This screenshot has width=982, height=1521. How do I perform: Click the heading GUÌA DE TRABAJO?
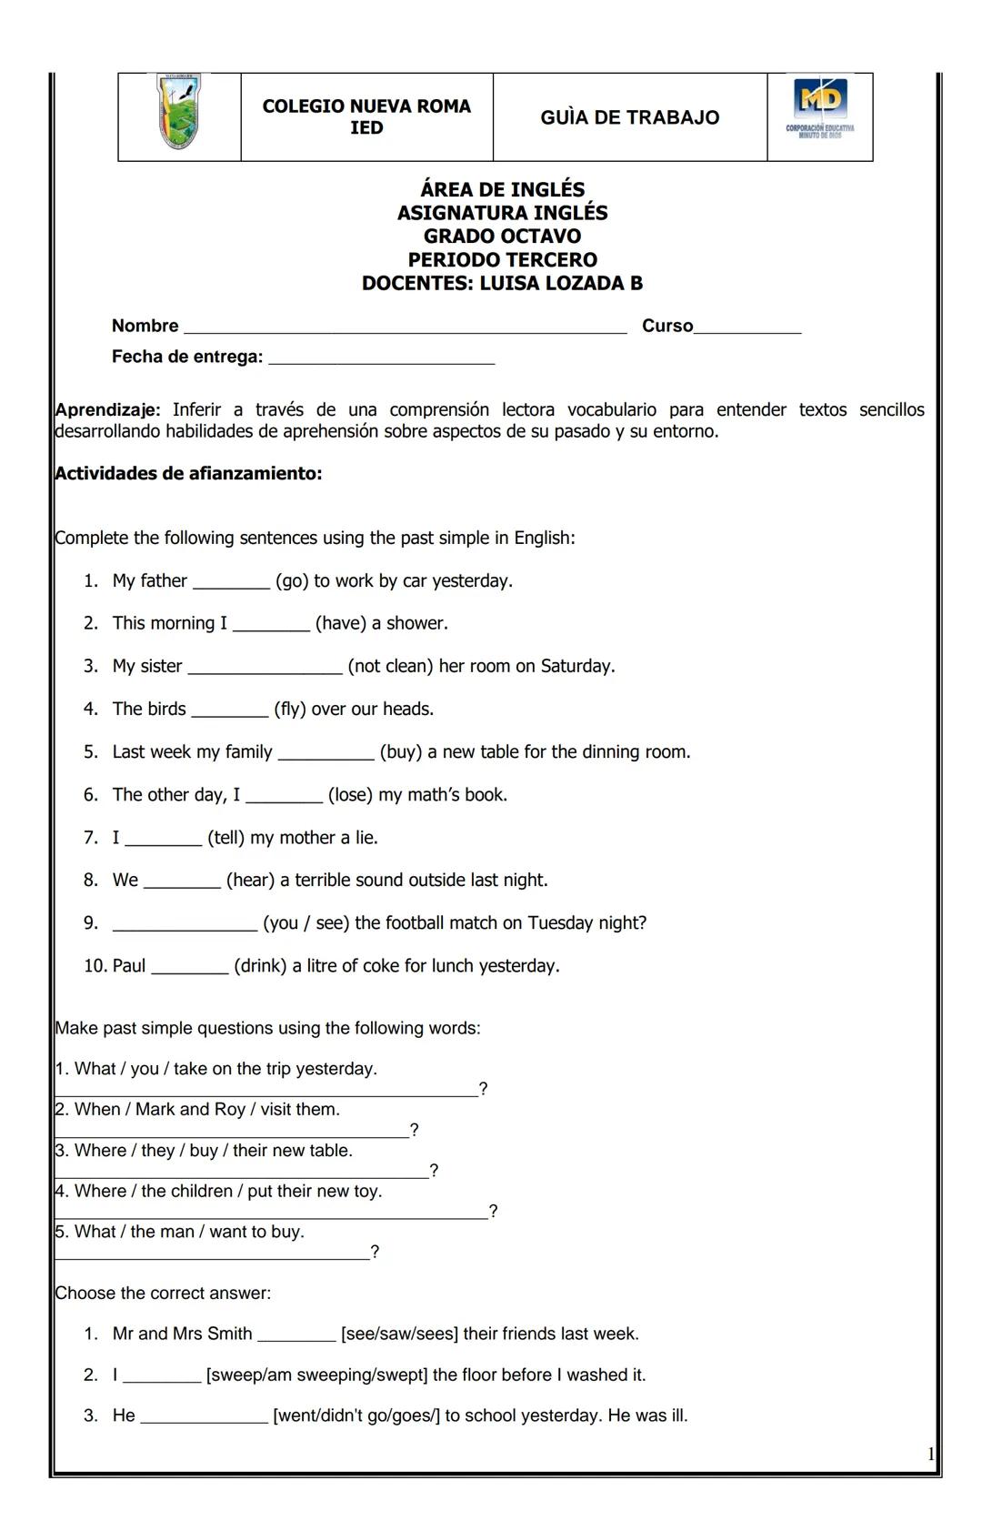629,117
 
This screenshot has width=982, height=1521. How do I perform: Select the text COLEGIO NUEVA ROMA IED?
366,116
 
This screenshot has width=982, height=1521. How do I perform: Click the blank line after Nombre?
405,328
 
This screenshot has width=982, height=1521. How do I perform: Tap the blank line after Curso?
747,328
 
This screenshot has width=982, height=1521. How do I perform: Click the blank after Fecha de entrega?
382,359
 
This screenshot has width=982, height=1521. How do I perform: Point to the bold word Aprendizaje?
107,410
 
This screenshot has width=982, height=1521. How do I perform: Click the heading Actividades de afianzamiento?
188,474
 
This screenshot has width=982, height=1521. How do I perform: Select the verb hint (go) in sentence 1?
292,581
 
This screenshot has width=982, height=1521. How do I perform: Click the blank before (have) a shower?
271,626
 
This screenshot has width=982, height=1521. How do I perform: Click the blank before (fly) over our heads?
229,711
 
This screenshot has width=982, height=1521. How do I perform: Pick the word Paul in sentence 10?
129,966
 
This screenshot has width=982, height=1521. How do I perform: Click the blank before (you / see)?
185,926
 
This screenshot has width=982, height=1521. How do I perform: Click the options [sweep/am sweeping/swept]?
316,1375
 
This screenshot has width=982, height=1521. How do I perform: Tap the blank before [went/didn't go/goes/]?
204,1418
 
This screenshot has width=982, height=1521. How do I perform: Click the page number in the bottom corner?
930,1455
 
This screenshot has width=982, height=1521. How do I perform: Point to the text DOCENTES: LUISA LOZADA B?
502,284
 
